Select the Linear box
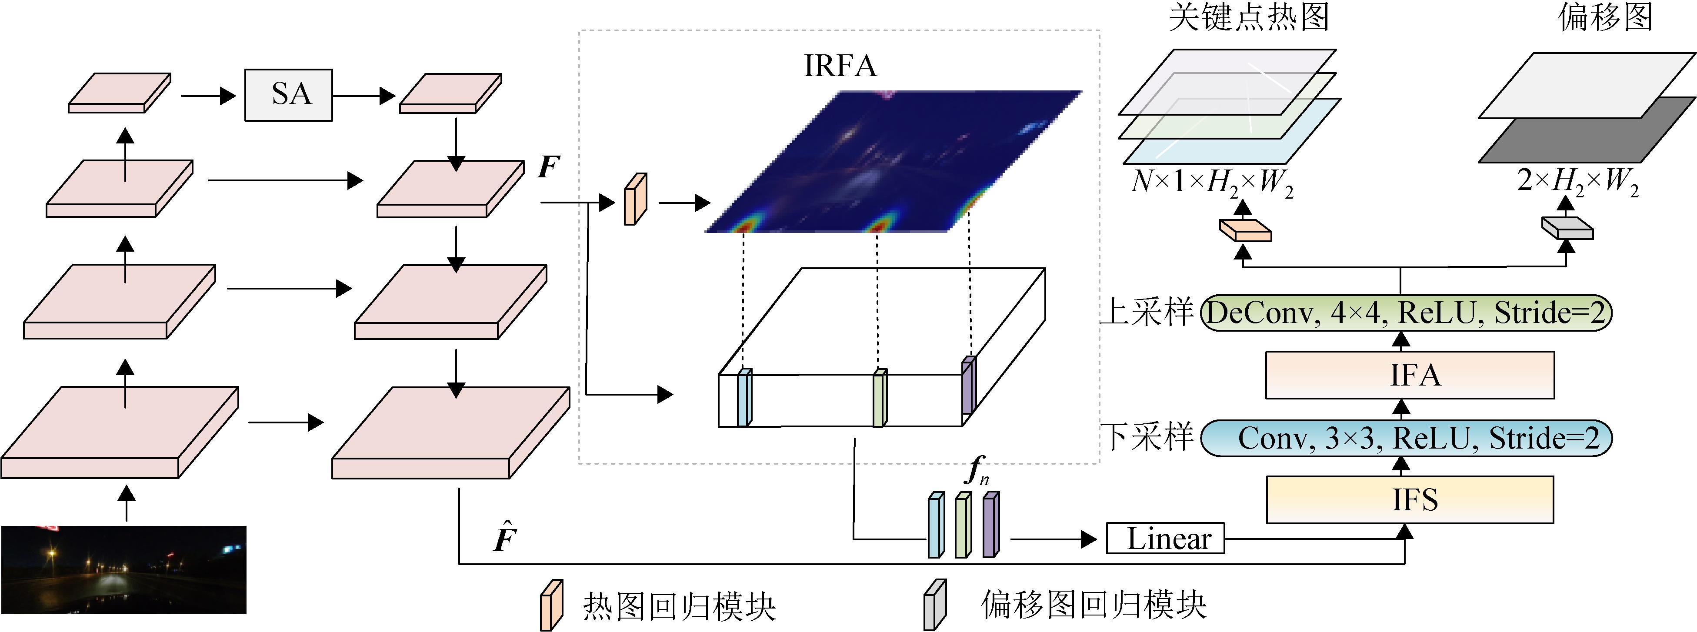pos(1165,539)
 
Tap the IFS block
pos(1410,500)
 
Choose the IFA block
pos(1410,375)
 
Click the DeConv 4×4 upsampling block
pos(1406,313)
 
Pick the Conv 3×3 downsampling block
pos(1406,438)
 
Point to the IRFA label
pos(840,66)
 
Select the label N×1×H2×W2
pos(1211,182)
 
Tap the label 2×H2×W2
pos(1577,182)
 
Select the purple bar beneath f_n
pos(990,525)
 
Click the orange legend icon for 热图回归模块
pos(551,604)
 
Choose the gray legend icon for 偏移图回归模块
pos(934,604)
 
